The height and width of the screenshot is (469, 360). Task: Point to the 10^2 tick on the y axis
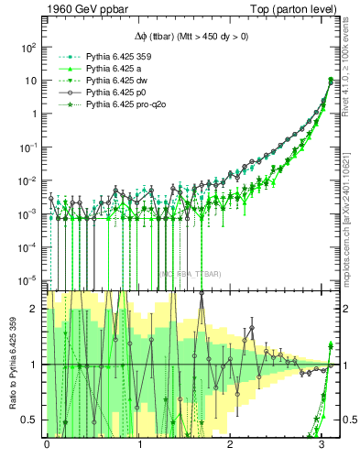pos(30,47)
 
